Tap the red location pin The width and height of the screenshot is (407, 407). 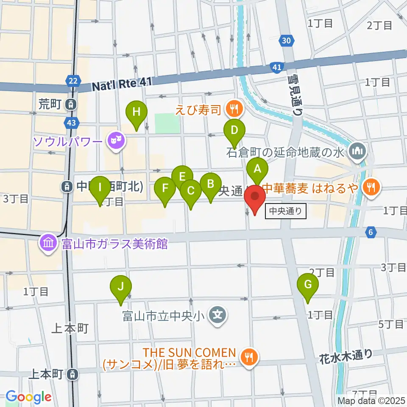point(255,198)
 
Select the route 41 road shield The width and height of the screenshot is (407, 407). point(276,67)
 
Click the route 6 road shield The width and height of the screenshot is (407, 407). point(371,231)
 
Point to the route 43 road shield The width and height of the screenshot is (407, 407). point(72,123)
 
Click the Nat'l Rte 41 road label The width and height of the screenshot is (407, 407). point(121,85)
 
